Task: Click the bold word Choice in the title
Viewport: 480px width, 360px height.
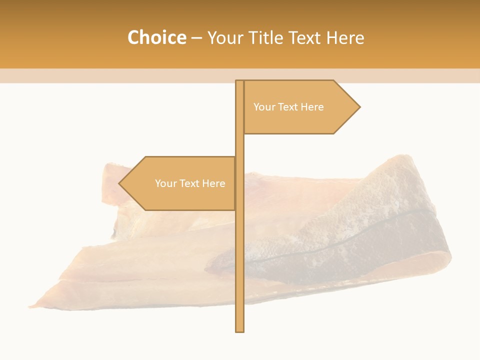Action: click(156, 38)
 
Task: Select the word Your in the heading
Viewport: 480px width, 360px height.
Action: click(224, 38)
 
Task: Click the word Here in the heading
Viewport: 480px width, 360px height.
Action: click(345, 38)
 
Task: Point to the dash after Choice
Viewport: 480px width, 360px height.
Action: click(196, 38)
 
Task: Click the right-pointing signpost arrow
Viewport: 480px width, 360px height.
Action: click(300, 107)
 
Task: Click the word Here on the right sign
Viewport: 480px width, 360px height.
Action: click(312, 107)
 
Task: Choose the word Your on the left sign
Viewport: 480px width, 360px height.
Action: click(166, 183)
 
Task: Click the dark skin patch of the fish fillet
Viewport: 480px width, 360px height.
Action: click(380, 240)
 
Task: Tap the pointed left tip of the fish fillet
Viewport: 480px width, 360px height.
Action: click(31, 305)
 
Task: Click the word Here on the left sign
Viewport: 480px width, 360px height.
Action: click(213, 183)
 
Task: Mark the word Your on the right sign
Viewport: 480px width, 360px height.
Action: click(264, 107)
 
